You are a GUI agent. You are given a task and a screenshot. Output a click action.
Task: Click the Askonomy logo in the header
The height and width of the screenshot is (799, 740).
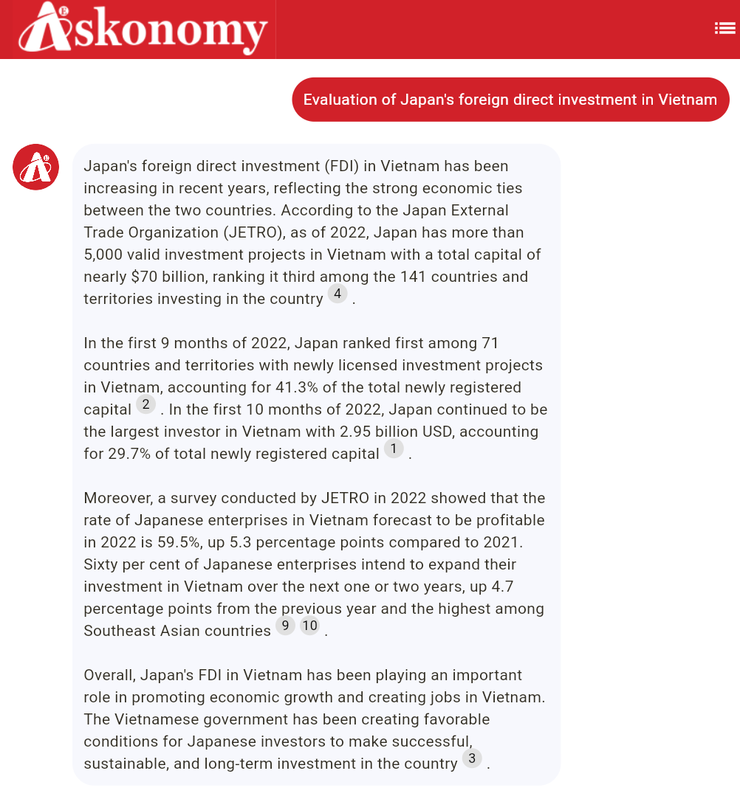point(143,29)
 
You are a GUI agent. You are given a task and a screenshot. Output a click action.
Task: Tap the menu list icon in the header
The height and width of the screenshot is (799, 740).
point(724,29)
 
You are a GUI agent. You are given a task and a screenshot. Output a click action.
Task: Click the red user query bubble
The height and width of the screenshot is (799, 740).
point(510,100)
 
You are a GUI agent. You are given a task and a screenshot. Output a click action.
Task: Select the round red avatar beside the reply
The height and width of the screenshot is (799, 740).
point(35,167)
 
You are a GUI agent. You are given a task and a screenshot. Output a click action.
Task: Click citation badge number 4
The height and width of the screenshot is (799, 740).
point(338,294)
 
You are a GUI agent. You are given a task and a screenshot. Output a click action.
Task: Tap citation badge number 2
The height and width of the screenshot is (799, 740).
point(145,404)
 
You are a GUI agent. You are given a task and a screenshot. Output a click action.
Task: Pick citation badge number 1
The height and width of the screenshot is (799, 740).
point(394,449)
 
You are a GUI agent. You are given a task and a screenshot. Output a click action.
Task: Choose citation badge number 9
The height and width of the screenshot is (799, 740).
point(285,626)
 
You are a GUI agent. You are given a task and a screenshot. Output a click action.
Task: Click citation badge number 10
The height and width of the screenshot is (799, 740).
point(309,626)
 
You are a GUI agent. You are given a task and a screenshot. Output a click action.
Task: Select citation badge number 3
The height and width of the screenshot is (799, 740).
point(472,758)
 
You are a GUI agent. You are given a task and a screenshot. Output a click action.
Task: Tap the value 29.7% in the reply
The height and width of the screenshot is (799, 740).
point(129,454)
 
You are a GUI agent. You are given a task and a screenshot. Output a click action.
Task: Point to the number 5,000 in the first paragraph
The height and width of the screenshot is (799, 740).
point(105,255)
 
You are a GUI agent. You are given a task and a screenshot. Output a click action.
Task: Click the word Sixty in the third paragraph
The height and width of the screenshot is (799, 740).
point(101,564)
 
